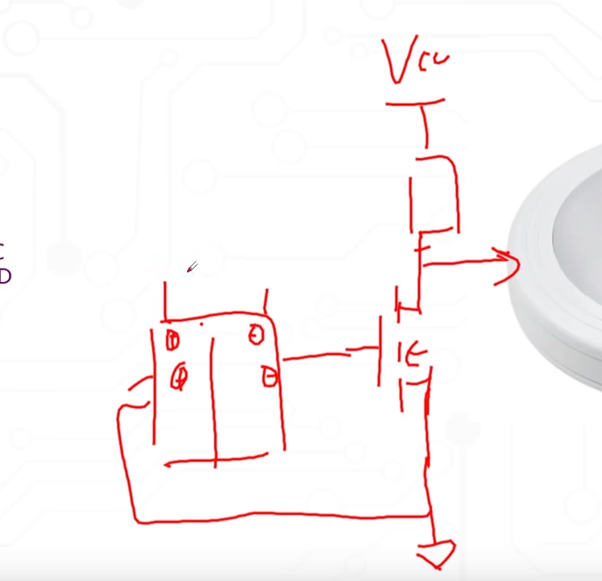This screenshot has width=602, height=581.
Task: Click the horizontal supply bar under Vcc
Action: pyautogui.click(x=415, y=103)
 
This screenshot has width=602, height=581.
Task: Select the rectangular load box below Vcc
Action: pyautogui.click(x=435, y=193)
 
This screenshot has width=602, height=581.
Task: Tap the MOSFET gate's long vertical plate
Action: pyautogui.click(x=380, y=351)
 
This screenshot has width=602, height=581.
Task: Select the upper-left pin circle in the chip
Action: pyautogui.click(x=172, y=340)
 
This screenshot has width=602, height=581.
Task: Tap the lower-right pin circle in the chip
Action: pyautogui.click(x=269, y=376)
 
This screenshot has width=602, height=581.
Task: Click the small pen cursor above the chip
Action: pyautogui.click(x=192, y=267)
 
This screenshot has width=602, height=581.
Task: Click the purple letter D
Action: pyautogui.click(x=4, y=276)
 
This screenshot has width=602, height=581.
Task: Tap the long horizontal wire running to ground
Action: pyautogui.click(x=282, y=516)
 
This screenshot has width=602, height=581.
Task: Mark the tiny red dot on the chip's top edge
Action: pyautogui.click(x=201, y=325)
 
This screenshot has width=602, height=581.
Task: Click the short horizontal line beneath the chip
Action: pyautogui.click(x=214, y=463)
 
